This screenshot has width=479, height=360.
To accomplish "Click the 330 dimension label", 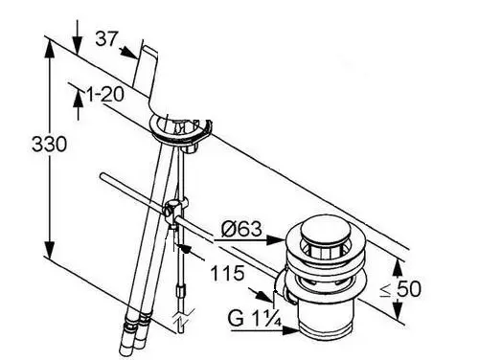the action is [x=50, y=144].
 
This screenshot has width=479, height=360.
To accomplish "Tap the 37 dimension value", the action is [x=106, y=39].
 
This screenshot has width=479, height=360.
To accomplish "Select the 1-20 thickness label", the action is [x=105, y=95].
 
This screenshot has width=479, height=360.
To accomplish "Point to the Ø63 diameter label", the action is [x=241, y=229].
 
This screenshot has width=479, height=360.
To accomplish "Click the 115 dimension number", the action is [x=227, y=273].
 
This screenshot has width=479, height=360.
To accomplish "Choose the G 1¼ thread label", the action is [x=255, y=318].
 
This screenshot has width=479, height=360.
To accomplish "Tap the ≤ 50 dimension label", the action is [x=400, y=289].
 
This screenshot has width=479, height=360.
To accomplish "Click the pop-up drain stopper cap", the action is [x=326, y=230].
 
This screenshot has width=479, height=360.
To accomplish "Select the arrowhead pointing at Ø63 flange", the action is [x=275, y=239].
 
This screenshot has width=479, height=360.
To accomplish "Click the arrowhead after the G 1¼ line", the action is [x=291, y=330].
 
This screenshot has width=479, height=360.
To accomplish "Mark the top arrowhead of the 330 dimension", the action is [x=49, y=50].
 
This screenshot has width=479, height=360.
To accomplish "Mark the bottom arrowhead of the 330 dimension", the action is [x=49, y=250].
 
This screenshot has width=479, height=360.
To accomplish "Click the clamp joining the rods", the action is [x=172, y=213].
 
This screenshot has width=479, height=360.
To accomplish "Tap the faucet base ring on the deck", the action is [x=181, y=130].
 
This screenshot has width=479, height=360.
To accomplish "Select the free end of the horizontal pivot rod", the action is [x=103, y=176].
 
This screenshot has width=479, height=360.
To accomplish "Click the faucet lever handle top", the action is [x=150, y=51].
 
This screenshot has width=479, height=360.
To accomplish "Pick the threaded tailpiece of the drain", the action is [x=327, y=318].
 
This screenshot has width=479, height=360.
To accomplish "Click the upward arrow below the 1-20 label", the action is [x=79, y=99].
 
